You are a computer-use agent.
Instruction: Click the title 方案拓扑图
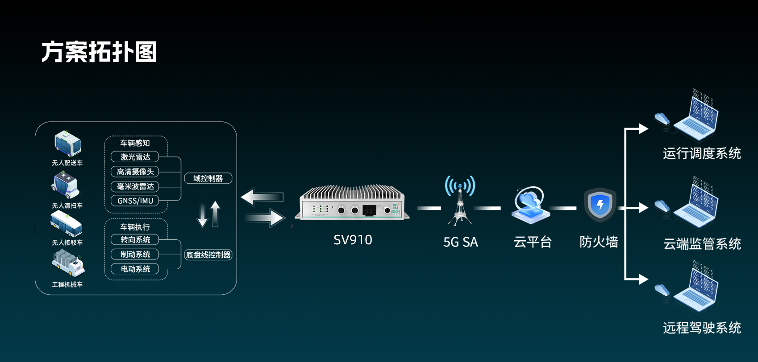point(99,52)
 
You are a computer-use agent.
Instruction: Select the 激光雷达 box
point(135,157)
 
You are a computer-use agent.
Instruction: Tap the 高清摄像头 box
point(135,172)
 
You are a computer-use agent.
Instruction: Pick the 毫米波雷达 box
point(135,186)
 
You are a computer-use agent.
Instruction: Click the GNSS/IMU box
point(135,201)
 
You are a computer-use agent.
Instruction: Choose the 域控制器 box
point(208,178)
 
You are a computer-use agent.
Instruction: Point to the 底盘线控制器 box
point(208,255)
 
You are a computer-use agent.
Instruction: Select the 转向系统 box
point(135,240)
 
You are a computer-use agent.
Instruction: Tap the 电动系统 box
point(135,269)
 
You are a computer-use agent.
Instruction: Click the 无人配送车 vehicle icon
point(68,143)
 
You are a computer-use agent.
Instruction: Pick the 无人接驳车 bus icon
point(67,224)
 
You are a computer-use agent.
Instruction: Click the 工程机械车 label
point(67,284)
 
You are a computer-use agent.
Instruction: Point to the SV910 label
point(353,240)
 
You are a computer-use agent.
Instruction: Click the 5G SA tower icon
point(460,200)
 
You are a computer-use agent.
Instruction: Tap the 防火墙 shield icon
point(600,205)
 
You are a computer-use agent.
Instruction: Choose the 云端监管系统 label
point(702,244)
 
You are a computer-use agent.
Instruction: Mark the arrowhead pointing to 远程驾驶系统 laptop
point(643,279)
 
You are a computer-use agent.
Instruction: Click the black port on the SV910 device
point(369,210)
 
